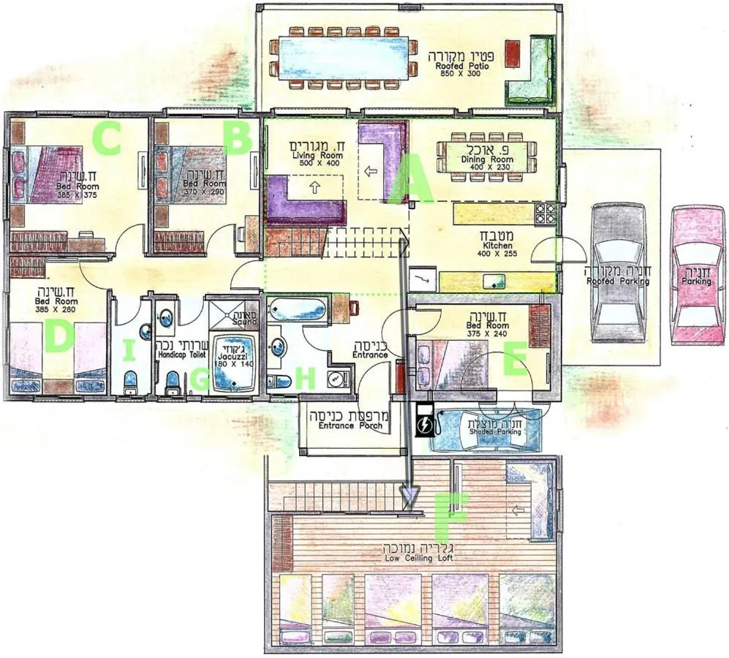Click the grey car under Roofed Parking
[618, 273]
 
